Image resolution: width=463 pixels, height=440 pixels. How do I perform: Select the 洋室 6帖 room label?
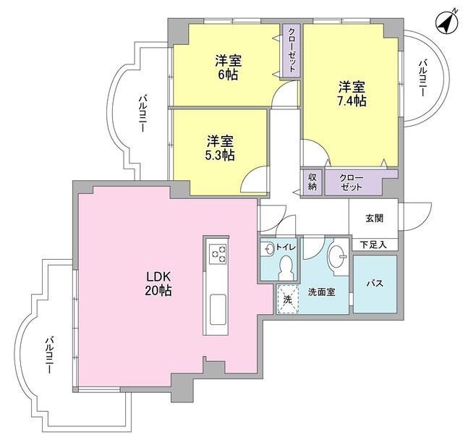226,67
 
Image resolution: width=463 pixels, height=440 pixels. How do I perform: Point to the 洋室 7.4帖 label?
352,94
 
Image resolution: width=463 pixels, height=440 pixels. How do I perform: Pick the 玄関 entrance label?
374,218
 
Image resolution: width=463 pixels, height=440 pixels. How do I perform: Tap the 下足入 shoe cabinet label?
374,245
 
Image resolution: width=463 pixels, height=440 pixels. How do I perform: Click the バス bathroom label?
375,282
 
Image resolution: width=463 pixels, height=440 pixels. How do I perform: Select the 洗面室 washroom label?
321,293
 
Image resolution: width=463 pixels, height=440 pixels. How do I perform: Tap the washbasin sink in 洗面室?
336,256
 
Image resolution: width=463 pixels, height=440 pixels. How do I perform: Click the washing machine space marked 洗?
287,298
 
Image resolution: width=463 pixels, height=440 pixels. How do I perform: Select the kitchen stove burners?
217,253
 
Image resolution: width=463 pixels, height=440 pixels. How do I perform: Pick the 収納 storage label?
313,182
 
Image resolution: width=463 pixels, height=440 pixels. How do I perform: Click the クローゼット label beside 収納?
352,182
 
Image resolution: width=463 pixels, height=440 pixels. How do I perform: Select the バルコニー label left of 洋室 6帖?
143,111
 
